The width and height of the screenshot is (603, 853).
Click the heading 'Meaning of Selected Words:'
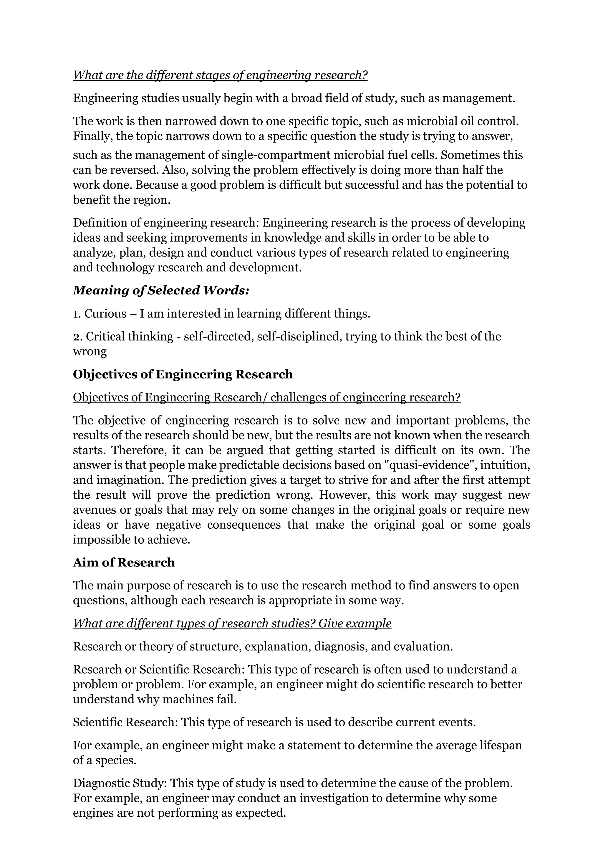(x=161, y=290)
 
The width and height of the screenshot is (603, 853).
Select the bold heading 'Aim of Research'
(x=124, y=563)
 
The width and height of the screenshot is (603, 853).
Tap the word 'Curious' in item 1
(x=105, y=314)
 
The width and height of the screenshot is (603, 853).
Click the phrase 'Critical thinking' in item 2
(x=130, y=337)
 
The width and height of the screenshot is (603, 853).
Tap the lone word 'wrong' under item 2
(x=90, y=351)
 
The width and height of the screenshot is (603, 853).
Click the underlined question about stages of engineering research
(x=220, y=75)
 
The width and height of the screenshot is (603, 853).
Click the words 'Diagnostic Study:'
(x=121, y=783)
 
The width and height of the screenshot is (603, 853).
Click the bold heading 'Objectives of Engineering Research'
(x=183, y=374)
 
